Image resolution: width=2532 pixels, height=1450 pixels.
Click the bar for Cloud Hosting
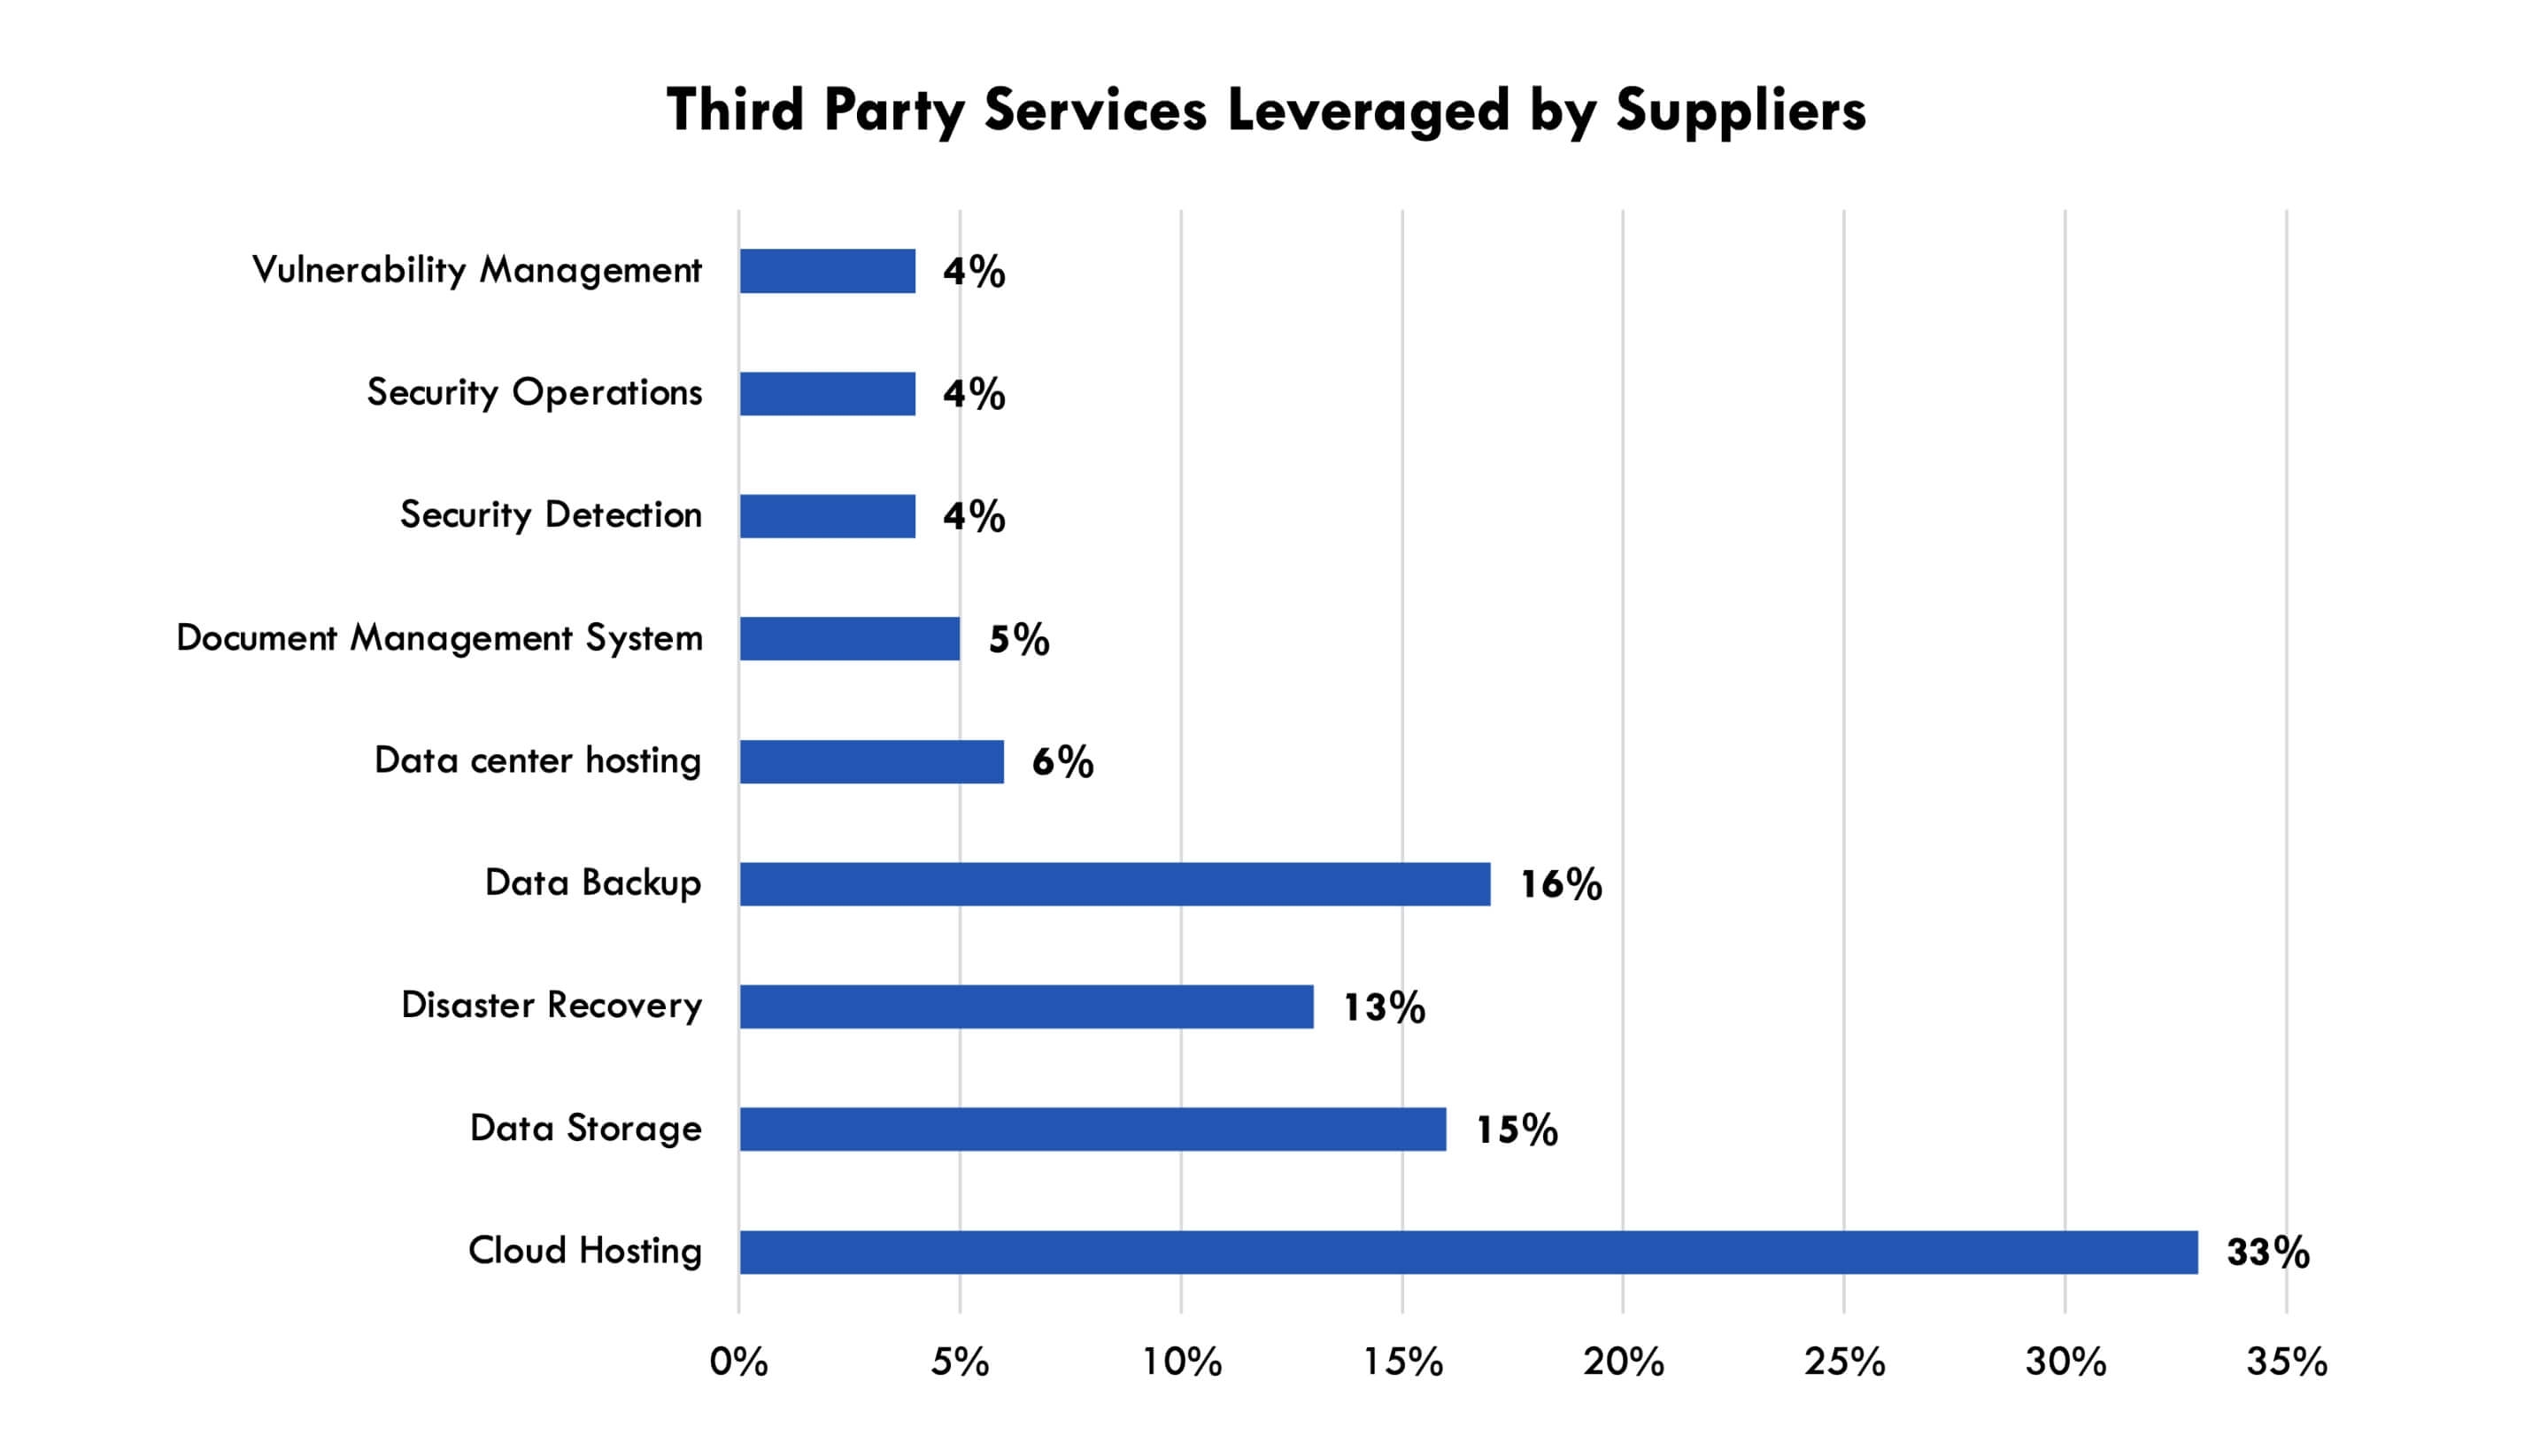coord(1468,1252)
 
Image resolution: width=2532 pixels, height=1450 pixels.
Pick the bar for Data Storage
coord(1092,1130)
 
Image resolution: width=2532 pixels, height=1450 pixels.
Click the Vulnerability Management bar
coord(828,271)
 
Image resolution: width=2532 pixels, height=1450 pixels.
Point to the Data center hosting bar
coord(871,762)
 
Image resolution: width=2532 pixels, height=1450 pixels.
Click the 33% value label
coord(2267,1253)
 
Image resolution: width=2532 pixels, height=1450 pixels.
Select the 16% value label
coord(1560,884)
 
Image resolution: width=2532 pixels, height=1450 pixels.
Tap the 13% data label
coord(1384,1007)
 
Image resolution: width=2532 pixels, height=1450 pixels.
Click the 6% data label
coord(1062,763)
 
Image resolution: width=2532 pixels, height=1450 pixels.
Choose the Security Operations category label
coord(535,392)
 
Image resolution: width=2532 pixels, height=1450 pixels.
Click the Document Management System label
coord(439,638)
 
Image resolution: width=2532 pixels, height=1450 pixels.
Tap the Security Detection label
coord(551,515)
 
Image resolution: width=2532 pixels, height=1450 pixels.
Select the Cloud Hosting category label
coord(584,1251)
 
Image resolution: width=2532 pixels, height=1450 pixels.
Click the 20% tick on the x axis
coord(1623,1362)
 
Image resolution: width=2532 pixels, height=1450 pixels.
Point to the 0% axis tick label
coord(738,1362)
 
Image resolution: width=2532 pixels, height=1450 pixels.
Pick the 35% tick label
coord(2286,1362)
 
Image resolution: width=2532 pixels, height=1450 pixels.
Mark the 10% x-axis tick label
coord(1181,1362)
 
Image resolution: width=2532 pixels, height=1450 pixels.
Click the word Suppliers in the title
coord(1740,110)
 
